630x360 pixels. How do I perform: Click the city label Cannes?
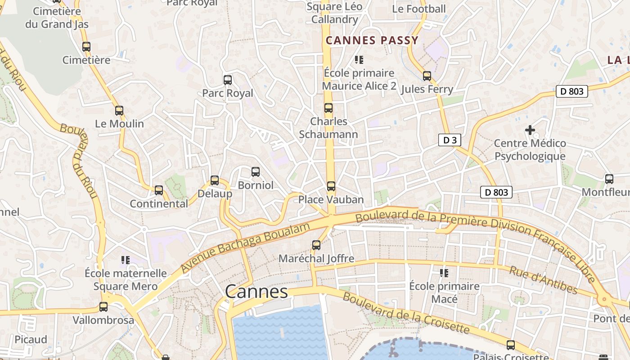(256, 292)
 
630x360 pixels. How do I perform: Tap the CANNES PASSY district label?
(372, 40)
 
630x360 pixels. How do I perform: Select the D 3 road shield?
(450, 140)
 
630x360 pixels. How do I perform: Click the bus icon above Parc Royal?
(228, 80)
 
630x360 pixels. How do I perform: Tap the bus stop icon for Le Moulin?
(119, 111)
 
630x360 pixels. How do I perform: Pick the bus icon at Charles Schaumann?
(328, 108)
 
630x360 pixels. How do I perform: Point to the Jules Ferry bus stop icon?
(427, 76)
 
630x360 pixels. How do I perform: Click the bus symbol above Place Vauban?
(331, 186)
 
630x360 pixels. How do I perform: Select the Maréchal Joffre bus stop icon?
(316, 245)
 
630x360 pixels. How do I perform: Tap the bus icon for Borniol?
(256, 172)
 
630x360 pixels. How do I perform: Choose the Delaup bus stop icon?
(215, 180)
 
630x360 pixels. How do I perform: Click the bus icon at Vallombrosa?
(103, 307)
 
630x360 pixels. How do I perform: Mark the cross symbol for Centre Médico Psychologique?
(530, 130)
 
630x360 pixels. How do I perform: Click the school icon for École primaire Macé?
(444, 273)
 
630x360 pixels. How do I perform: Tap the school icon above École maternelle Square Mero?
(126, 260)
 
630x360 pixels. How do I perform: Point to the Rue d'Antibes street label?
(543, 280)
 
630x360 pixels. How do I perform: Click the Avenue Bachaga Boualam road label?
(245, 247)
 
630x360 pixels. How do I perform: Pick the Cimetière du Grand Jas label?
(57, 18)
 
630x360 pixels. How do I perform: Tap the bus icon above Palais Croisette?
(511, 345)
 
